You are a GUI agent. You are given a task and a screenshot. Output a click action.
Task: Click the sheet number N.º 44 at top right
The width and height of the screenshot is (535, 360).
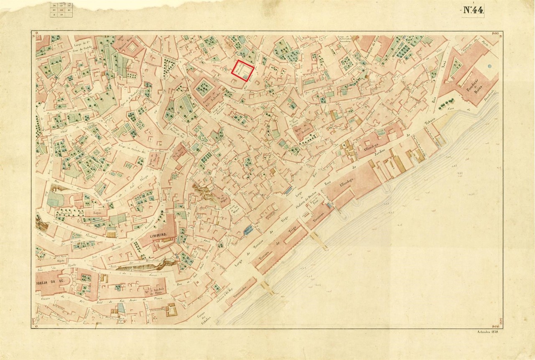tap(473, 10)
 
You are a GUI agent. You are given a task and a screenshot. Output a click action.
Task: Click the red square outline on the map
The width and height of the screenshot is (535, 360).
tap(244, 71)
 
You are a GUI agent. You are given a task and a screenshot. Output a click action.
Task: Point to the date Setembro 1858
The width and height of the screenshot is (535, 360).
tap(489, 332)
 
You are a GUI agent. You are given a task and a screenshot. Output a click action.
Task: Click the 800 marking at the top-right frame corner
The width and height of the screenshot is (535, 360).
tap(495, 33)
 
